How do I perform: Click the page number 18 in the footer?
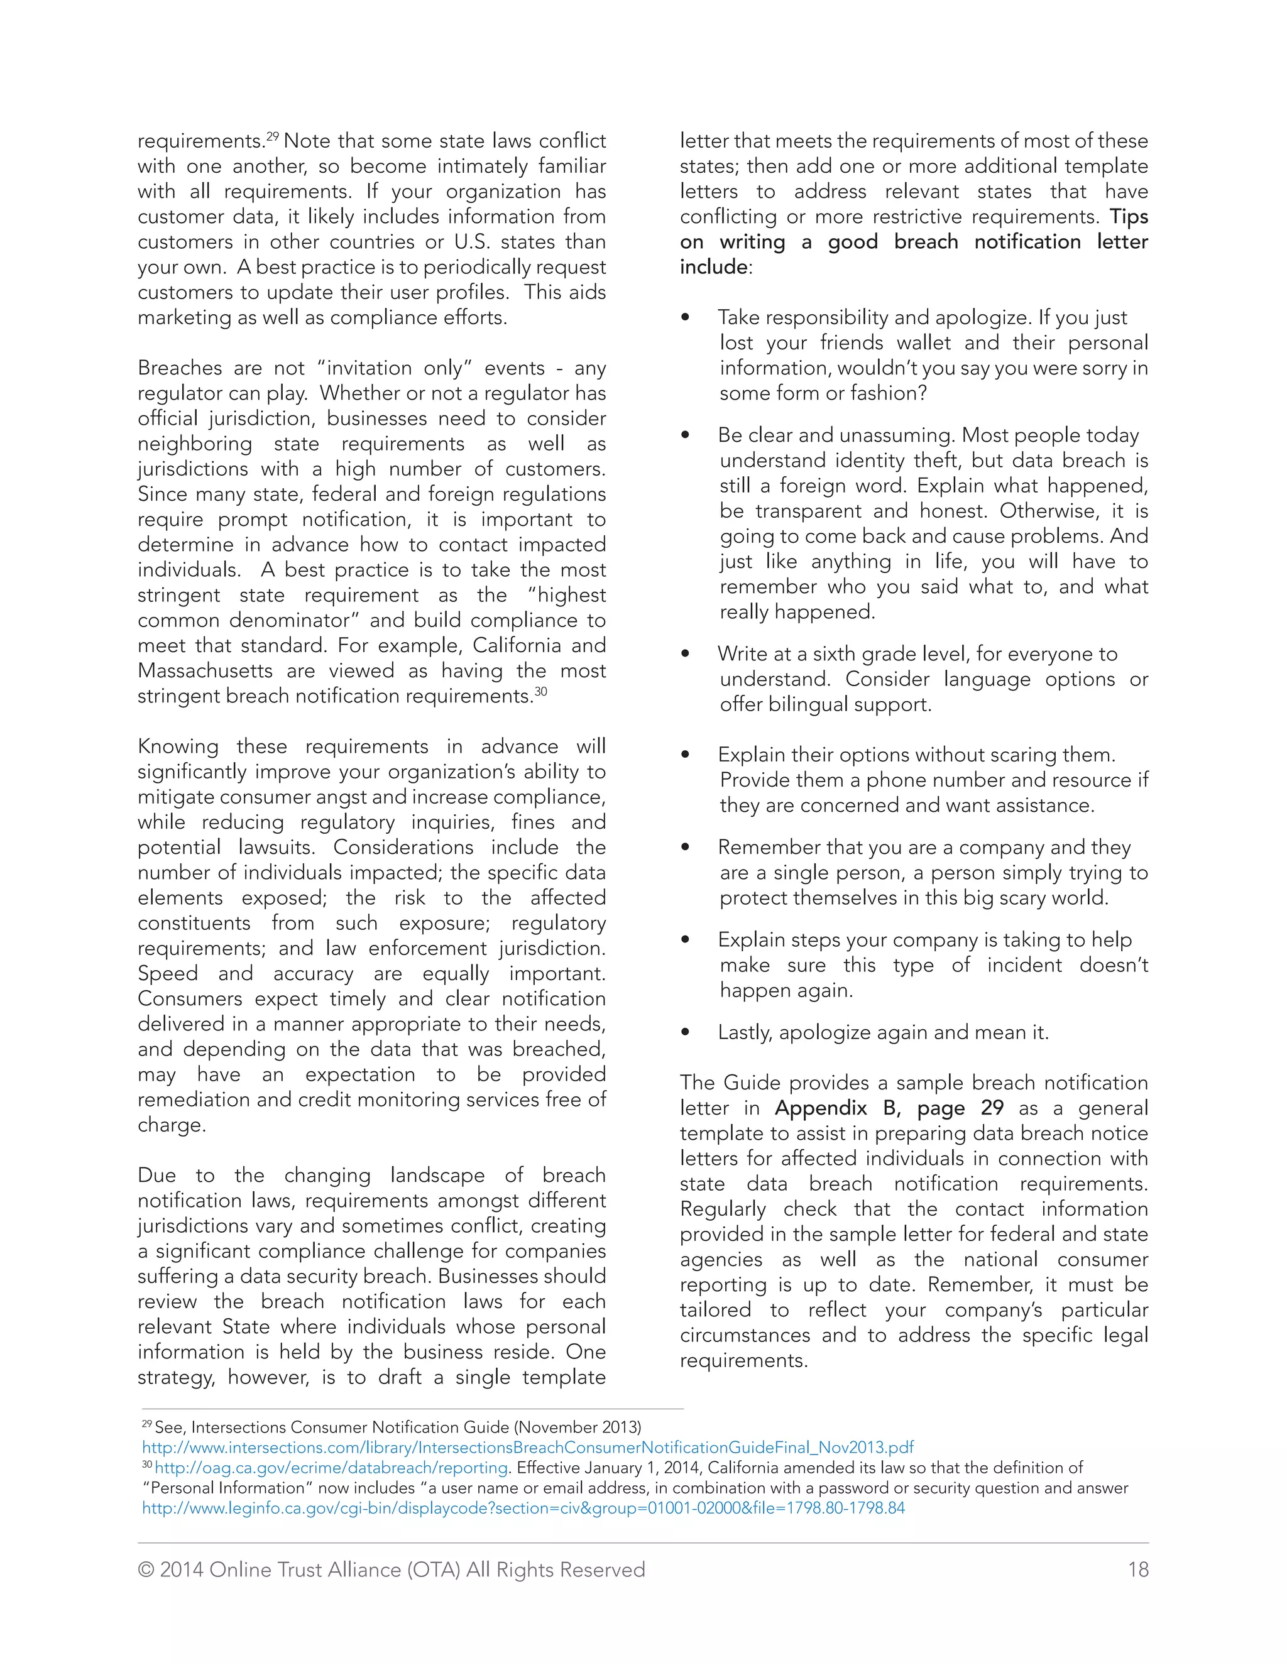click(x=1137, y=1569)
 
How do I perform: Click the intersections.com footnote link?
click(x=528, y=1448)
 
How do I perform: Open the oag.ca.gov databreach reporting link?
click(x=332, y=1468)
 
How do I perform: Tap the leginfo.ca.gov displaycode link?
click(x=523, y=1508)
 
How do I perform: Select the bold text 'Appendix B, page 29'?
click(x=889, y=1108)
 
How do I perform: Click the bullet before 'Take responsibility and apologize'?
click(x=686, y=318)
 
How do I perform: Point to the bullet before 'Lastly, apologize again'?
click(x=686, y=1033)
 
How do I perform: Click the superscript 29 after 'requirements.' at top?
click(x=272, y=136)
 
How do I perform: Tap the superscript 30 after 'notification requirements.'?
click(x=540, y=692)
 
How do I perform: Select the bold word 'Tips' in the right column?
click(x=1129, y=217)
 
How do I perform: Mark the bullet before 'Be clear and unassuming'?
click(x=686, y=435)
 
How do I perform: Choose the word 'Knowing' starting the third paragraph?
click(x=178, y=746)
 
